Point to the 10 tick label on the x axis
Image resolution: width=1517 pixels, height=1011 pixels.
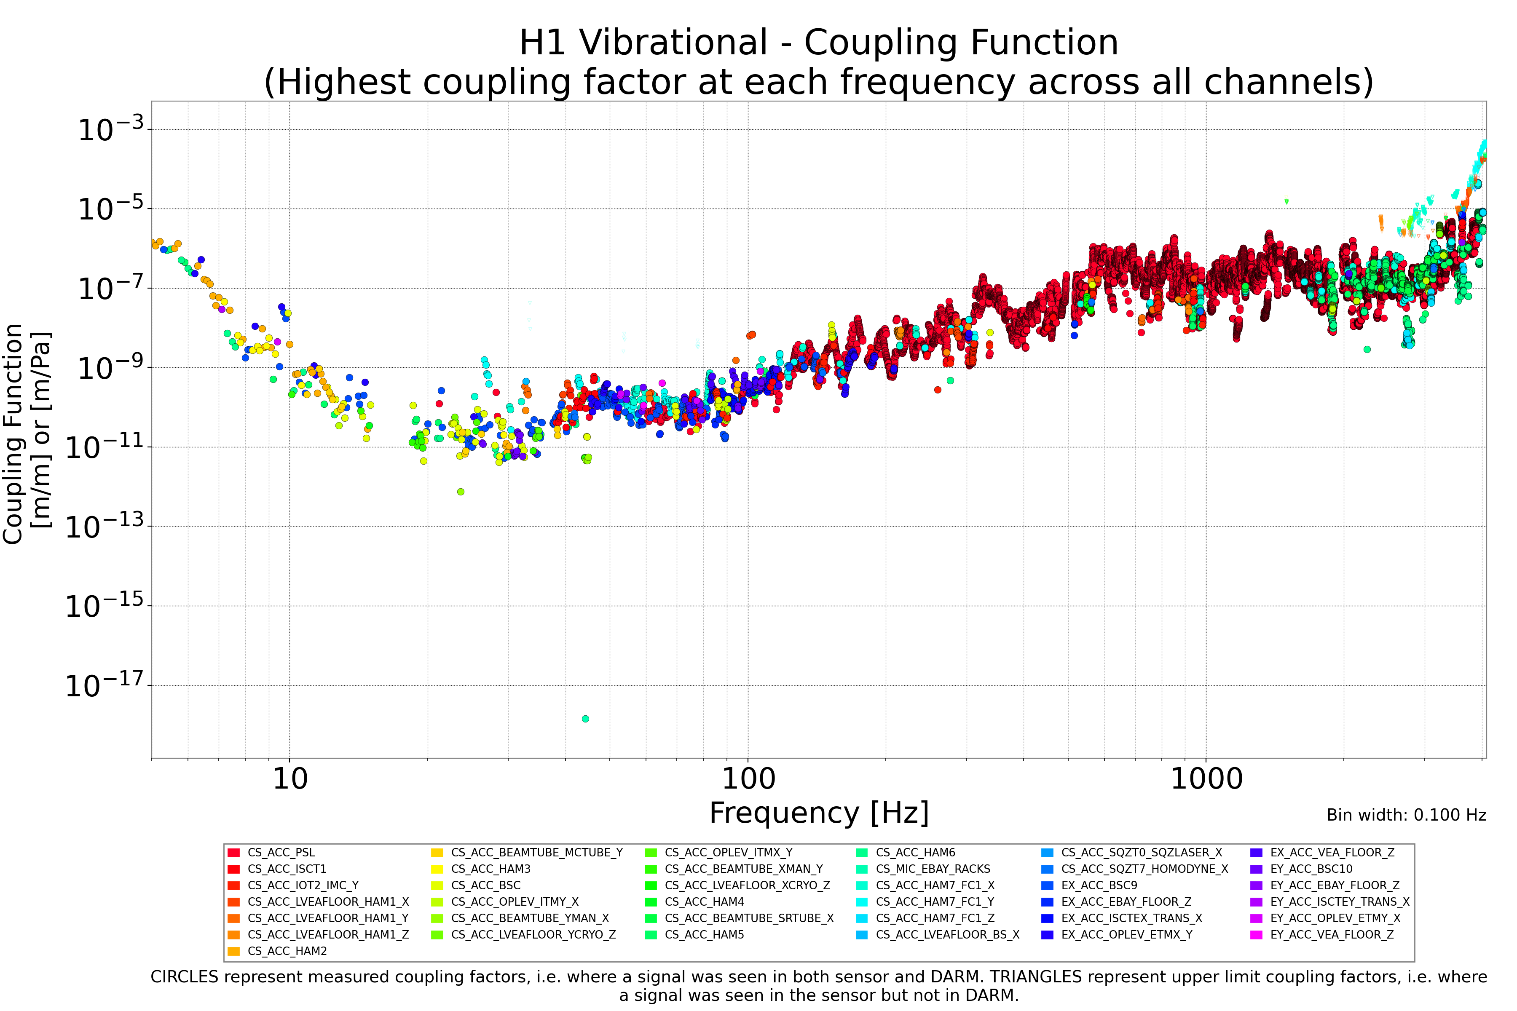[289, 779]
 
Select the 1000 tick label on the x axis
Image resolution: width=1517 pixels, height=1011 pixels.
[1206, 779]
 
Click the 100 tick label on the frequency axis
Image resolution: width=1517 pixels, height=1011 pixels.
[748, 779]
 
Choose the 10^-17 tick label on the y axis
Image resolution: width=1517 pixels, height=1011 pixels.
[107, 685]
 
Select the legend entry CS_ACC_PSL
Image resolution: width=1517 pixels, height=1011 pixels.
[281, 852]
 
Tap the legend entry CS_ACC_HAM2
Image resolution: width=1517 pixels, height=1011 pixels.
[287, 951]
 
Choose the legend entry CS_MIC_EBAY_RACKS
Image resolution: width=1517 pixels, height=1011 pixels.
[933, 869]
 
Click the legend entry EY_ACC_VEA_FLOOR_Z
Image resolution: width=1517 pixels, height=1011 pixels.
[1332, 935]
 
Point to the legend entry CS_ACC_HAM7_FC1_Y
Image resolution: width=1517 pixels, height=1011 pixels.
[935, 902]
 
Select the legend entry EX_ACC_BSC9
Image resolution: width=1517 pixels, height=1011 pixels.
[1099, 885]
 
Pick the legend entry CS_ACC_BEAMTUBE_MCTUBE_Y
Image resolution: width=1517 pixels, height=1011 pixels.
[536, 852]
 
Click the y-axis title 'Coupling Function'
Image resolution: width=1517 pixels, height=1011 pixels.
[13, 434]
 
